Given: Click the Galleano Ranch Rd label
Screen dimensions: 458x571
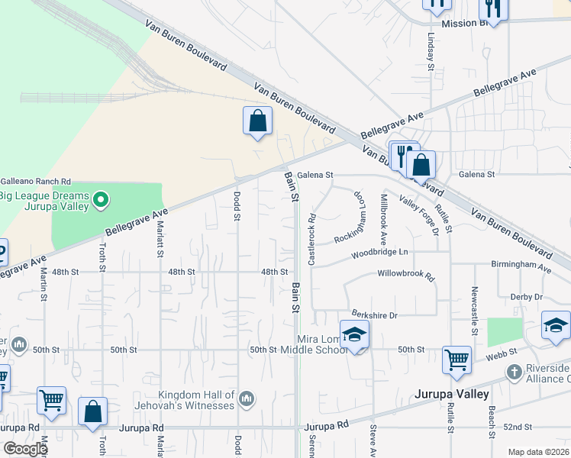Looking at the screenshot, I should coord(35,182).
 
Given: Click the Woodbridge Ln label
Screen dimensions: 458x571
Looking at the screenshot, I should coord(380,253).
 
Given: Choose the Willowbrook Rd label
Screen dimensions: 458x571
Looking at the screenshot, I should coord(405,273).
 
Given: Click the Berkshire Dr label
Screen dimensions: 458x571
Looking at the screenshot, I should coord(375,314).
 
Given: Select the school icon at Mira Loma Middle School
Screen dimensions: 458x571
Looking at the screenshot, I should coord(354,334).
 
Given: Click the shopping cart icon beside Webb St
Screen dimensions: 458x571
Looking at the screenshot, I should coord(456,358).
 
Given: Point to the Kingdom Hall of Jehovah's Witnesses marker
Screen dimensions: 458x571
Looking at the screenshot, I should coord(246,398).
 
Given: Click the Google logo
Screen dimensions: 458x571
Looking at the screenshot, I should coord(24,449).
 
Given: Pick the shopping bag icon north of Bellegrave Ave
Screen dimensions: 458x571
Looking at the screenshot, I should coord(258,121).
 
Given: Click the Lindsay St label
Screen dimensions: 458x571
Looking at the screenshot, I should coord(431,53).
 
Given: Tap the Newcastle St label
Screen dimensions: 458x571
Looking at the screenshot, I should coord(474,300).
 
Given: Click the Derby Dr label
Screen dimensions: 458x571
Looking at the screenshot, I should coord(527,296).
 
